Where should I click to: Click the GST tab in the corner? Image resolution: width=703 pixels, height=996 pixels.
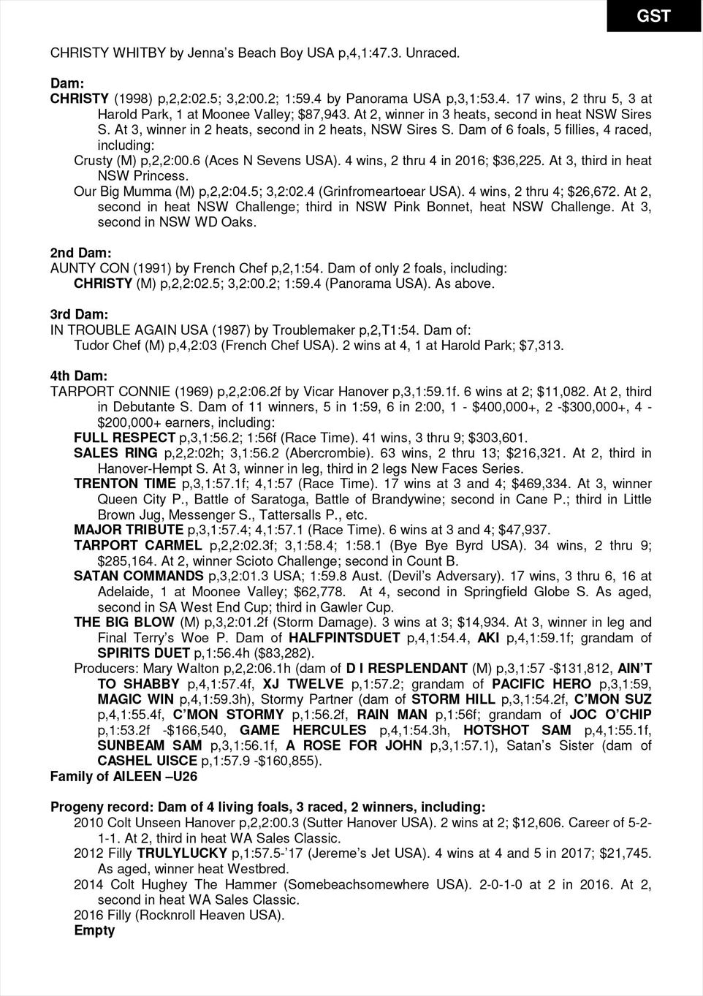653,15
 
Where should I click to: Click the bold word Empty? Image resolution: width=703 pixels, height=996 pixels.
94,930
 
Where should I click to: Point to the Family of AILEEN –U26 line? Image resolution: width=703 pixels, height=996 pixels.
123,777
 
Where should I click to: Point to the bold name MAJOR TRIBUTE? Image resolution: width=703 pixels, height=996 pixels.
129,530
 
